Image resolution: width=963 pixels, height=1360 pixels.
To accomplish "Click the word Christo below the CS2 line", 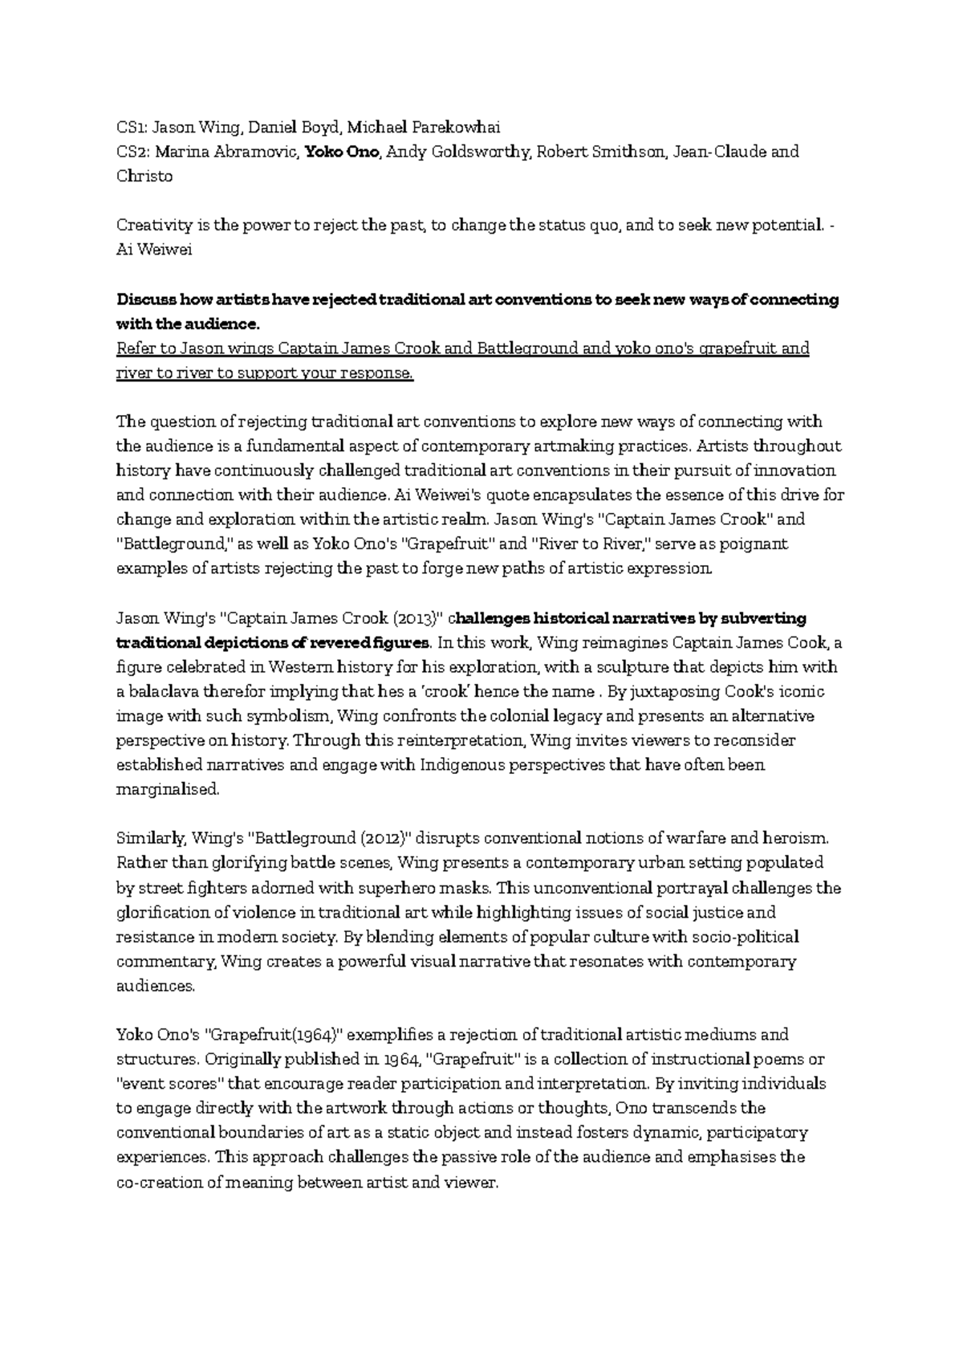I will (x=144, y=177).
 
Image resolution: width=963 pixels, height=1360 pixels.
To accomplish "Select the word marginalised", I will (x=167, y=790).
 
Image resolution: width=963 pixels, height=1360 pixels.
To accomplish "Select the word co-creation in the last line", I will (x=160, y=1183).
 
